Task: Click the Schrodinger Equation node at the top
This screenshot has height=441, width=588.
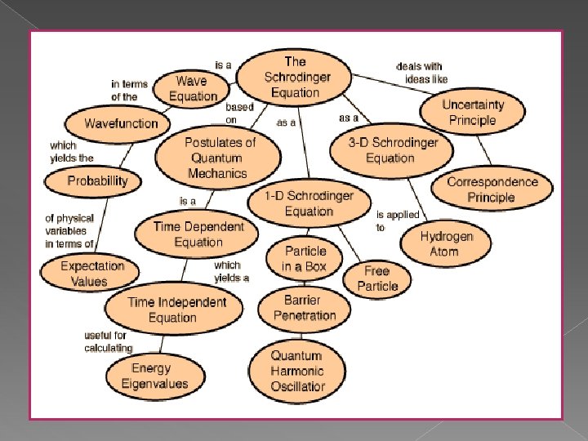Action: click(x=296, y=77)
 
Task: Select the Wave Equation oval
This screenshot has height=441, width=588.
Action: click(x=193, y=88)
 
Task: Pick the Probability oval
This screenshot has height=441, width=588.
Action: click(x=98, y=181)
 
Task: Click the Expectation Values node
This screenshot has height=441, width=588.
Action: click(x=92, y=274)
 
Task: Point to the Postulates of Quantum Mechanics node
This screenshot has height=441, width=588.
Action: click(x=220, y=157)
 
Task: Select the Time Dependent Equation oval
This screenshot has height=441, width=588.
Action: click(x=198, y=234)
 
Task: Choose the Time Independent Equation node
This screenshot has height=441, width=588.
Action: click(x=177, y=310)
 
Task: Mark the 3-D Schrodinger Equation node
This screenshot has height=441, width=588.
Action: click(x=394, y=150)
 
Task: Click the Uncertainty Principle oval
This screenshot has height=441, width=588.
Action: click(x=472, y=113)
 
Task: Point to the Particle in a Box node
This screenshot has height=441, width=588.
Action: click(x=305, y=259)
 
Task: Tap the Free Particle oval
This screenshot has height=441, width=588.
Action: click(x=377, y=278)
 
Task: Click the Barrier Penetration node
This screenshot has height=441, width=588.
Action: click(x=305, y=308)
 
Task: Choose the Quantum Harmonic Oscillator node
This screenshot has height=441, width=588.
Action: click(x=297, y=372)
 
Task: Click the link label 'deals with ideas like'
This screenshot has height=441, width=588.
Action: click(x=421, y=73)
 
